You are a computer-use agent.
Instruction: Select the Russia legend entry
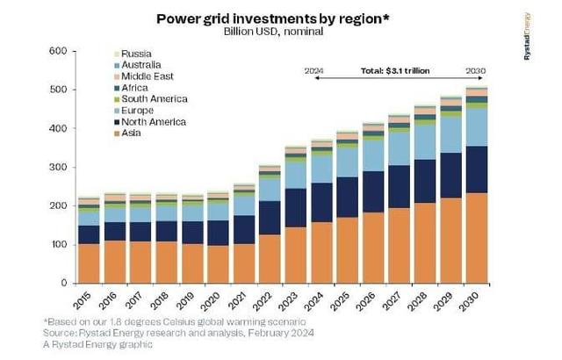tap(137, 54)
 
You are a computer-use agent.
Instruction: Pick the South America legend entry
tap(155, 99)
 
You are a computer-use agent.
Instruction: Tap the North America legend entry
tap(155, 122)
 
